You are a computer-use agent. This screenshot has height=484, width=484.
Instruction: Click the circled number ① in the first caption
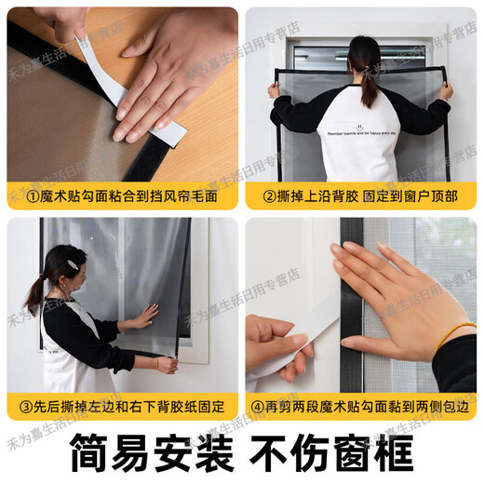[20, 197]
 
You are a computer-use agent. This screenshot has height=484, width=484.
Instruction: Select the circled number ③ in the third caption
[19, 408]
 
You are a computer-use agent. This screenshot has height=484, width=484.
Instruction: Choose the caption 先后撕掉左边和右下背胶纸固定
[130, 408]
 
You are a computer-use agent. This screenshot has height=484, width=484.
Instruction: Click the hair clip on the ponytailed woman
[72, 264]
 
